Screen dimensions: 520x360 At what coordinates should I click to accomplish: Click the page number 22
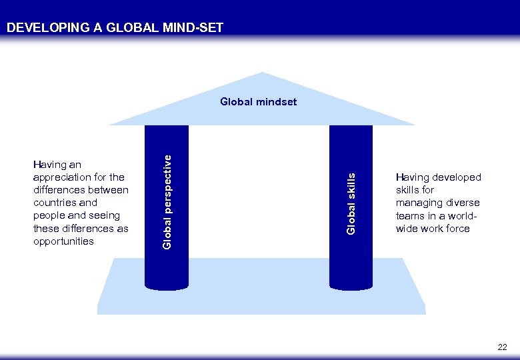point(502,347)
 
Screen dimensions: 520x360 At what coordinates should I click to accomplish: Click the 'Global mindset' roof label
point(259,102)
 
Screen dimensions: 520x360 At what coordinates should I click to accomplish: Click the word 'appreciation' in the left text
point(61,177)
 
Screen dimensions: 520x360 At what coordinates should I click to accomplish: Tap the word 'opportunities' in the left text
point(63,241)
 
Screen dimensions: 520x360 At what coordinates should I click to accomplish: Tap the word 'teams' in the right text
point(409,216)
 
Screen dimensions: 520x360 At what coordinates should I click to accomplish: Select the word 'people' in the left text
point(49,216)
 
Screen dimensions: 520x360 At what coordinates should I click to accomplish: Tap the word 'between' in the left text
point(108,190)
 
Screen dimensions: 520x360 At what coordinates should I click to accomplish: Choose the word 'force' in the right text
point(457,229)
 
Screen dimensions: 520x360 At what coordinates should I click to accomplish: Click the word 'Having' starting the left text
point(48,165)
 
